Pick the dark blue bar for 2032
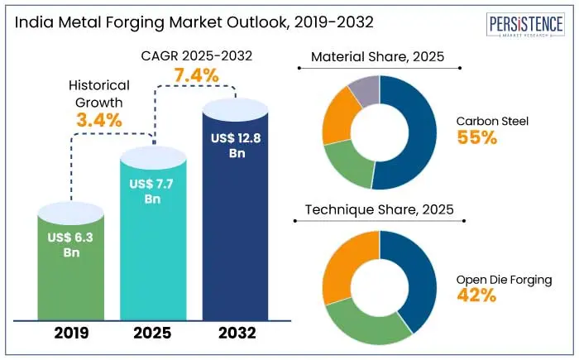[x=236, y=248]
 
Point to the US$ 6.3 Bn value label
[x=72, y=245]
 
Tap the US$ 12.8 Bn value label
[x=236, y=145]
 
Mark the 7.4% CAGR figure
[x=195, y=76]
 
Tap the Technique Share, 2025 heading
[x=379, y=210]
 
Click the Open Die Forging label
[x=504, y=280]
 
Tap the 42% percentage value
[x=476, y=295]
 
